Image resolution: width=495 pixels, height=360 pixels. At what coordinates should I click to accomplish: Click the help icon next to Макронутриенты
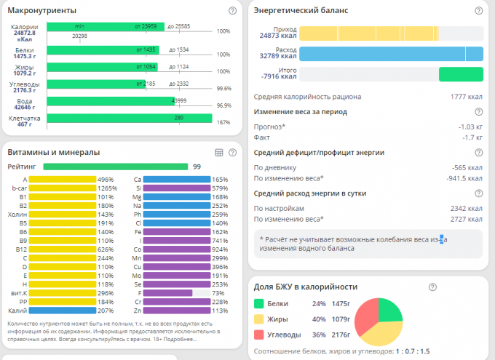click(232, 11)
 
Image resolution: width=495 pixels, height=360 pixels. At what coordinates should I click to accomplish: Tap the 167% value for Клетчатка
click(223, 122)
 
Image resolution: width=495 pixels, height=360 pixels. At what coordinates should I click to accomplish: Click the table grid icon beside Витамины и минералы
click(218, 152)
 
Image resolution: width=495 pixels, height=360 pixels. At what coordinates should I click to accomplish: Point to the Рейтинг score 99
click(197, 167)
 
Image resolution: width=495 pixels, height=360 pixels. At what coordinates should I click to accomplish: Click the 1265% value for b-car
click(106, 188)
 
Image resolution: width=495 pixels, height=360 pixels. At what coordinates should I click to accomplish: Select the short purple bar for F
click(168, 292)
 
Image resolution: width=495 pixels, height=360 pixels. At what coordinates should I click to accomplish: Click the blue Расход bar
click(392, 53)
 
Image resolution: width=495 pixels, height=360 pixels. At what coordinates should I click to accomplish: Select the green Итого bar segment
click(462, 74)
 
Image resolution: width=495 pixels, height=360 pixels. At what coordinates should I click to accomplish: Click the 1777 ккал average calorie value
click(467, 96)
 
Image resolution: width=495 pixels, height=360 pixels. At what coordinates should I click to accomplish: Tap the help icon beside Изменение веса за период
click(478, 111)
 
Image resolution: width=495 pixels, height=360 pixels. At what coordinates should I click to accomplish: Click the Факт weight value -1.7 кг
click(472, 137)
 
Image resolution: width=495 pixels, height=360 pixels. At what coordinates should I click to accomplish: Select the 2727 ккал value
click(467, 218)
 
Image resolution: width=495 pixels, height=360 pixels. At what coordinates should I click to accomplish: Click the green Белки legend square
click(259, 303)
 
